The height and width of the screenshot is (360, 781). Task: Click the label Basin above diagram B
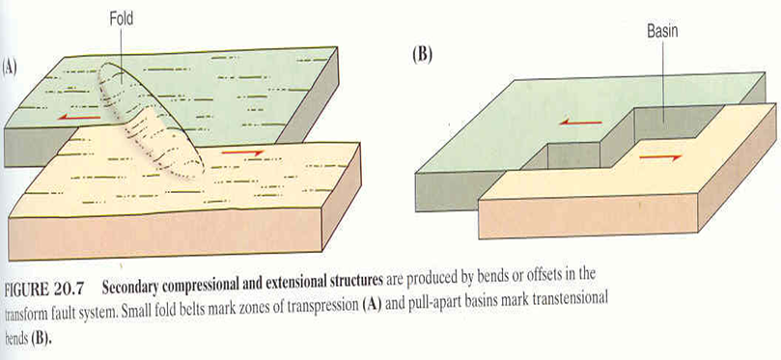662,32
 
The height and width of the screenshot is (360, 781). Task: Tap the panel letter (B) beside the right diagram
422,55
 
